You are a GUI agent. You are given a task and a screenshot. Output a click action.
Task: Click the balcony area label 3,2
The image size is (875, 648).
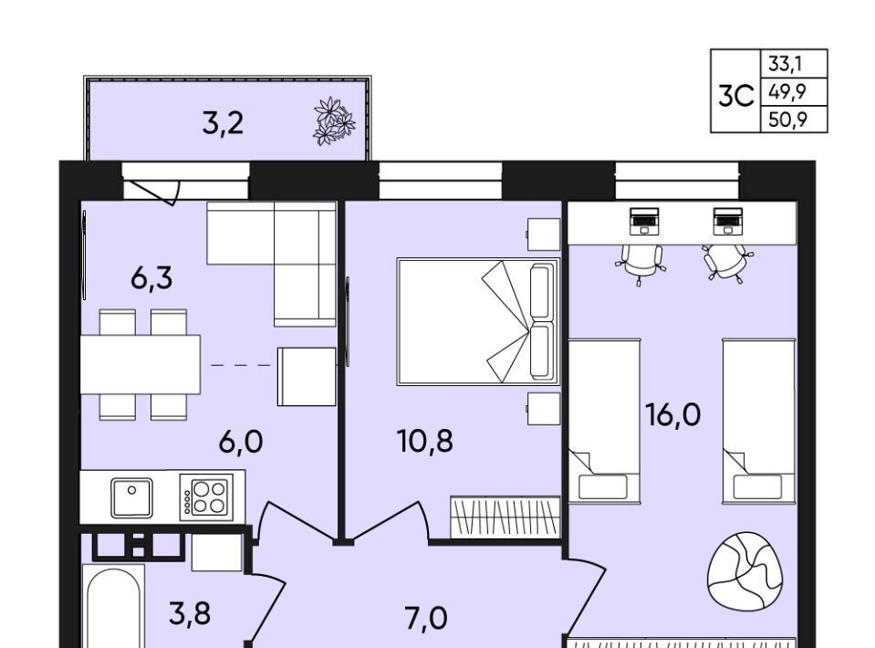223,123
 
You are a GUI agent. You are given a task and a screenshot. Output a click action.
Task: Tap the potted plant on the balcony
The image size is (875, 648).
334,121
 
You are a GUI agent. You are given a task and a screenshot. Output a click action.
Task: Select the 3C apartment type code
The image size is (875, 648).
736,96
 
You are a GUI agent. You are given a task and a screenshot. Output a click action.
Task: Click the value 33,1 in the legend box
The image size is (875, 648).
786,64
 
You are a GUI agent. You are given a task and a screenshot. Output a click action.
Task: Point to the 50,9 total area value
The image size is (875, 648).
788,119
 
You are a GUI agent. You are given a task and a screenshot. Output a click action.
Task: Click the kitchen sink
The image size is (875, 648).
131,497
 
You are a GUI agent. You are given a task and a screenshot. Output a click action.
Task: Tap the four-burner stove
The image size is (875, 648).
206,497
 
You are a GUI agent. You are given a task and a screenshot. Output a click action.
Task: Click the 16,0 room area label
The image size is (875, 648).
672,414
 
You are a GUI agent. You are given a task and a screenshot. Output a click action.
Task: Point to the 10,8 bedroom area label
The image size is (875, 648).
424,441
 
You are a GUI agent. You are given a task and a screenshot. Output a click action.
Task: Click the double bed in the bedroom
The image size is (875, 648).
478,321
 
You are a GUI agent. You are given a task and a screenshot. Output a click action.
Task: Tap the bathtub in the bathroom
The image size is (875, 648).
113,606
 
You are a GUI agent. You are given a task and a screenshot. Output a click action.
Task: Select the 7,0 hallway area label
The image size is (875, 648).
425,619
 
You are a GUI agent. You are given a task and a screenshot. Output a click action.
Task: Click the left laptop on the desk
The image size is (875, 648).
644,221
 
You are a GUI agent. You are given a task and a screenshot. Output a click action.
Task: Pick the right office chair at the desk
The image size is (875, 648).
727,263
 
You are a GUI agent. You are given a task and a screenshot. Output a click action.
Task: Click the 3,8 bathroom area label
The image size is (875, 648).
190,613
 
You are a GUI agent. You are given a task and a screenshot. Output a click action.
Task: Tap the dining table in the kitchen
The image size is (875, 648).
141,364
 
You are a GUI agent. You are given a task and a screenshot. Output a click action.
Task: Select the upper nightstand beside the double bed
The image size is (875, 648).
544,235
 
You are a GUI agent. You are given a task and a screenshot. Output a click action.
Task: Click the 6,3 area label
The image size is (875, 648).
151,278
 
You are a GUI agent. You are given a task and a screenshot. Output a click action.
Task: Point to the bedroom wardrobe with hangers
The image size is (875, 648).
505,517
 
